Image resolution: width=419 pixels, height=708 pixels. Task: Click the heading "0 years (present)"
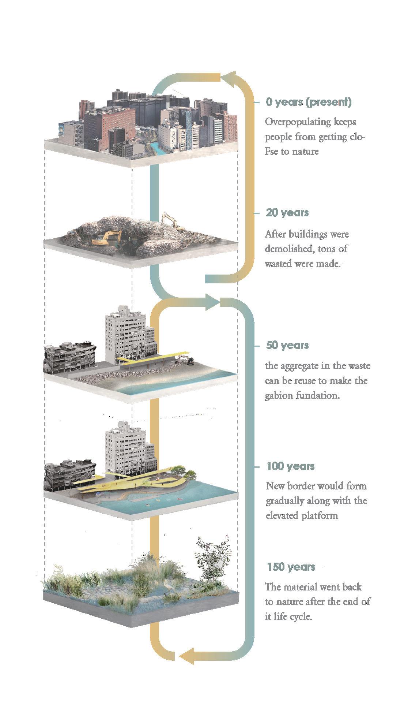[x=309, y=102]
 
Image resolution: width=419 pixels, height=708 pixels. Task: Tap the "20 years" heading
[x=287, y=213]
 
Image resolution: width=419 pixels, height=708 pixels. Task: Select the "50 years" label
[x=287, y=345]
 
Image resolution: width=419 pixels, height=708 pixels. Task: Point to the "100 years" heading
[x=290, y=466]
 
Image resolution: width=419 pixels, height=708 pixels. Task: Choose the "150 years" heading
[x=291, y=567]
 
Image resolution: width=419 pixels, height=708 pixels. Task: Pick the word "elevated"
[x=282, y=516]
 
